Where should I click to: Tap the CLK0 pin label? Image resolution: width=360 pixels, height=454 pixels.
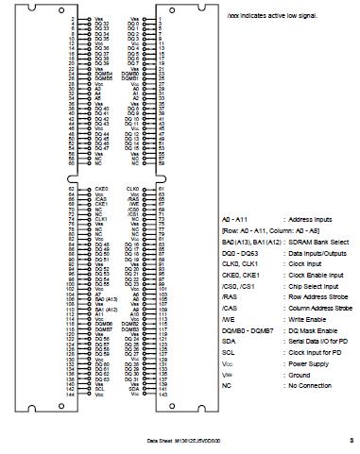pyautogui.click(x=132, y=189)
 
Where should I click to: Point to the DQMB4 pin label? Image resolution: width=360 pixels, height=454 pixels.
pyautogui.click(x=104, y=73)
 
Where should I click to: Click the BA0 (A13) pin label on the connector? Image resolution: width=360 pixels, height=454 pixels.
pyautogui.click(x=105, y=301)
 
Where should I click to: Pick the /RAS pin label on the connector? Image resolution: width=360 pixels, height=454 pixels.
pyautogui.click(x=132, y=199)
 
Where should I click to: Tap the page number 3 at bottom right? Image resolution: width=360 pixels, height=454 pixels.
pyautogui.click(x=351, y=439)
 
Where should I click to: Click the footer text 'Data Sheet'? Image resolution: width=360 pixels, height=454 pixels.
pyautogui.click(x=158, y=440)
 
